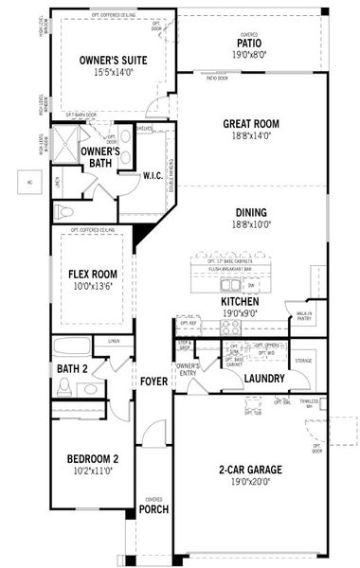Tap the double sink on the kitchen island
(230, 283)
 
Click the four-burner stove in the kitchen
(230, 328)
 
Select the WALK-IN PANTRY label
(304, 317)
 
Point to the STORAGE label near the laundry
(303, 361)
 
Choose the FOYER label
(153, 382)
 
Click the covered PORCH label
(153, 510)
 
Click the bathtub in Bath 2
(72, 346)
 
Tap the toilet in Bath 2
(65, 386)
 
